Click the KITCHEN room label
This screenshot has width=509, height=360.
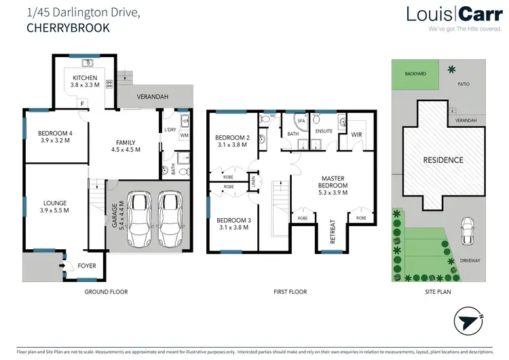coord(86,82)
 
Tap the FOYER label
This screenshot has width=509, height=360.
coord(86,266)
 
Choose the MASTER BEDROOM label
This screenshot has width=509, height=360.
coord(334,185)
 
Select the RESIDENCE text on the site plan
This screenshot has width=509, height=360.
coord(443,160)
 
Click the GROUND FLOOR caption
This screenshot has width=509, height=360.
coord(106,291)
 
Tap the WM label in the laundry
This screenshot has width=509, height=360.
coord(184,135)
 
